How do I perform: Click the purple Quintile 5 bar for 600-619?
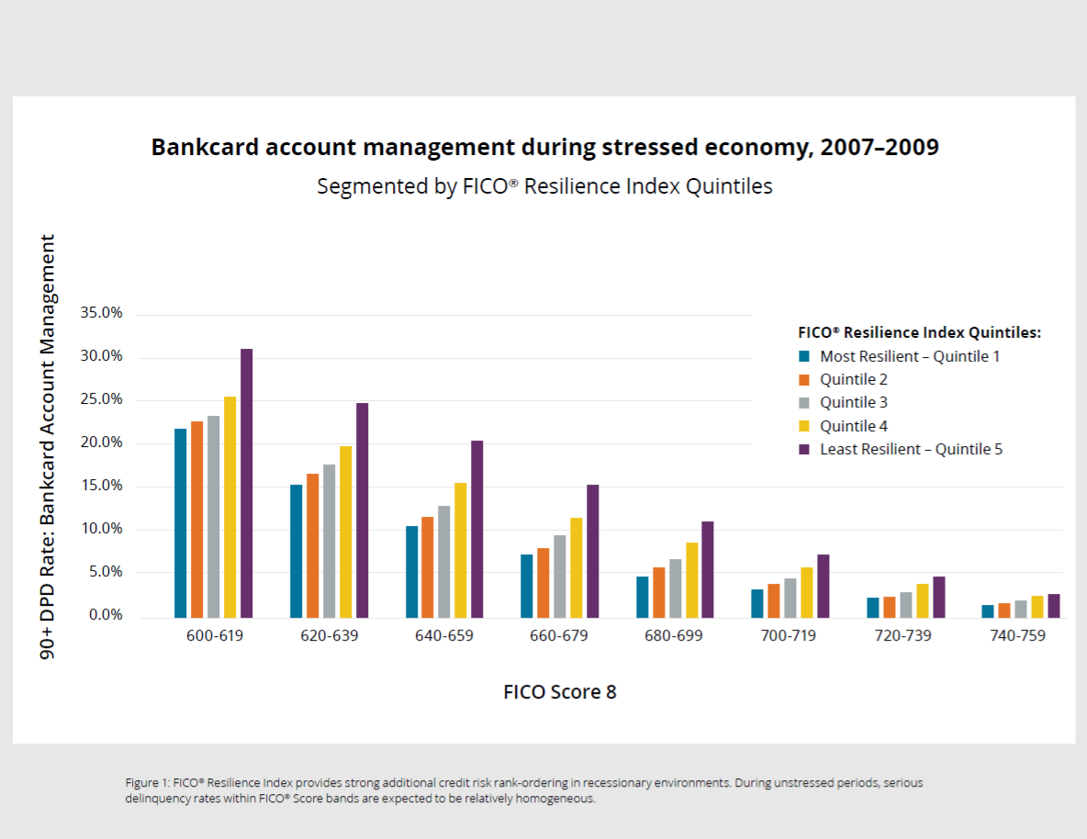[x=246, y=483]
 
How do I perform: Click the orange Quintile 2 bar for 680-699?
[x=658, y=592]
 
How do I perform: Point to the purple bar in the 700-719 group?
[x=823, y=586]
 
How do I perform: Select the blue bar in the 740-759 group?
[x=987, y=611]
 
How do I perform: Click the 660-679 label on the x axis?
[x=559, y=636]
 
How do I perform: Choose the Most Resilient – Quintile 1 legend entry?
[x=909, y=356]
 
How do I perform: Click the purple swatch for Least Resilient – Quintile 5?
[x=803, y=449]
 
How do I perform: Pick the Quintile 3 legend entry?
[x=853, y=402]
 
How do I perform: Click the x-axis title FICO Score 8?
[x=560, y=692]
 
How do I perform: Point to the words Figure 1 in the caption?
[x=146, y=783]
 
